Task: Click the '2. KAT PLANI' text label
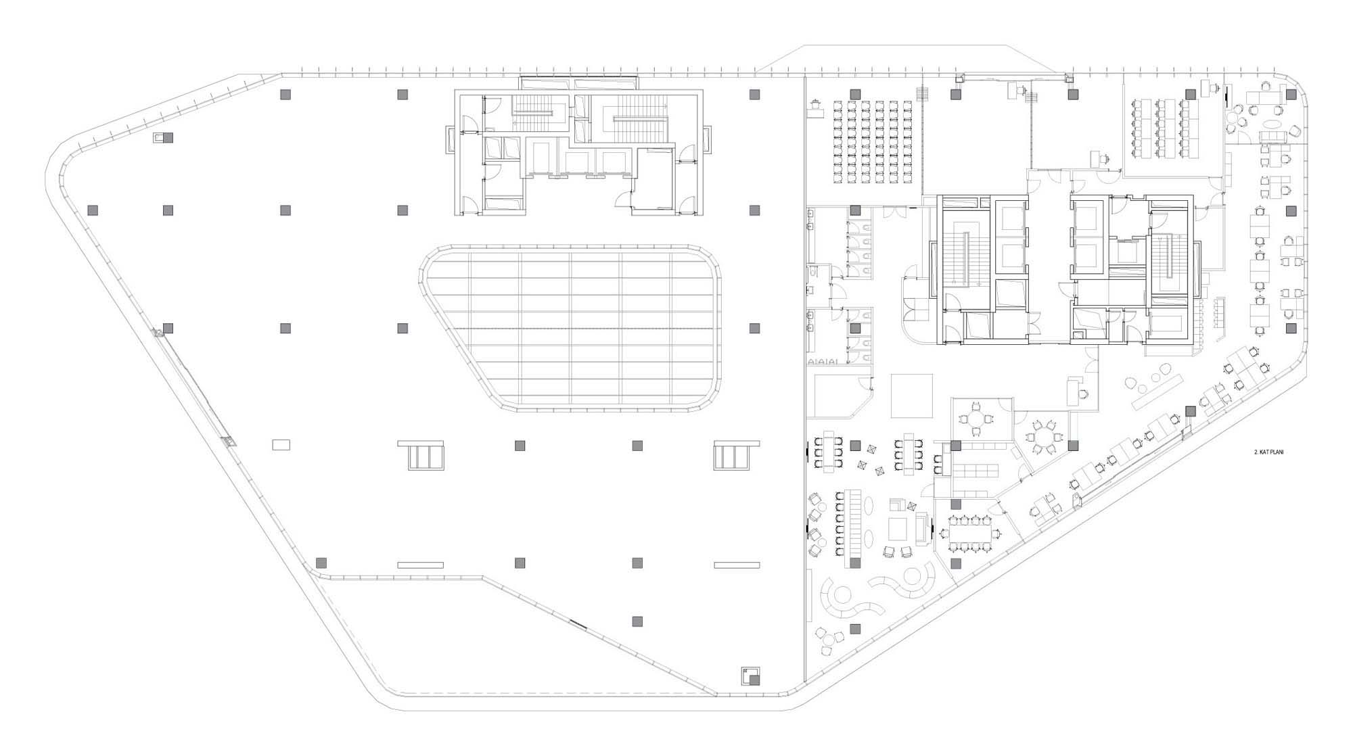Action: tap(1269, 452)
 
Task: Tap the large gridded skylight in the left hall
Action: tap(570, 328)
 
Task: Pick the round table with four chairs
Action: tap(975, 420)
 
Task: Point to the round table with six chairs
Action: tap(1042, 437)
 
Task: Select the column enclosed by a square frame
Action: tap(750, 676)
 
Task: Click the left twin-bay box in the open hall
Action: tap(420, 455)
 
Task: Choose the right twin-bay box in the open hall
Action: tap(737, 455)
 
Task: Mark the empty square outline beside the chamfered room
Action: tap(911, 396)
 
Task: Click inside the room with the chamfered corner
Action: tap(835, 396)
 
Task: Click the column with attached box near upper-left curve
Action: tap(163, 138)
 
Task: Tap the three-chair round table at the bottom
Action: tap(831, 641)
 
